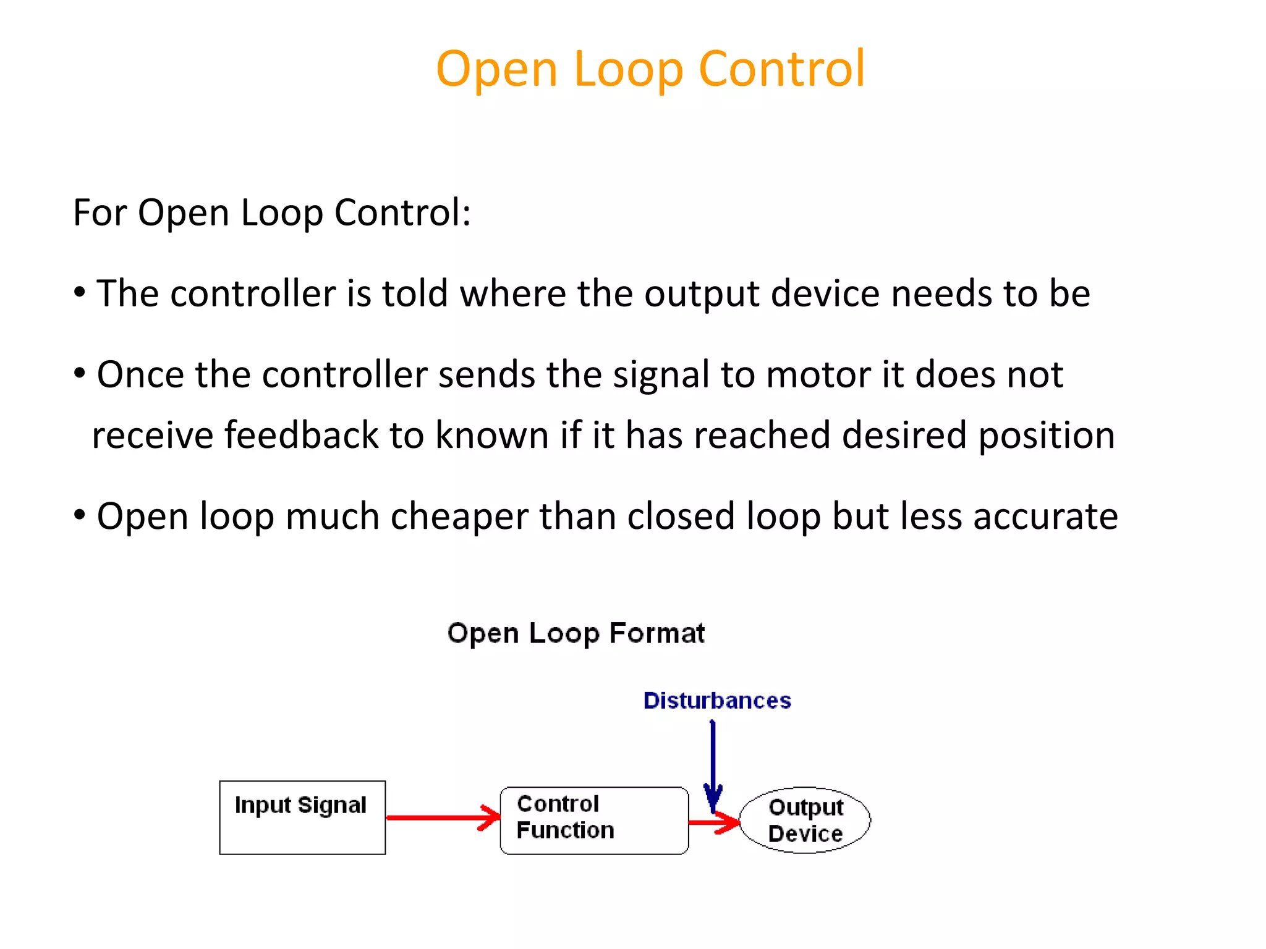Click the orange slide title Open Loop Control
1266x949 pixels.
(650, 69)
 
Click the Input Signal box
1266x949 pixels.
(302, 817)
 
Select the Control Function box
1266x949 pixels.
(593, 820)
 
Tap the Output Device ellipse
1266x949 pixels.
(805, 820)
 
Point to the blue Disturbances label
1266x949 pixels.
(717, 701)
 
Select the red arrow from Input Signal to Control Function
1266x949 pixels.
(442, 817)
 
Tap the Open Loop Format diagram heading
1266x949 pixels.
(576, 633)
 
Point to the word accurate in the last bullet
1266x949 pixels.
(1045, 517)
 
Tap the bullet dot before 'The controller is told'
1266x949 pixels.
(79, 292)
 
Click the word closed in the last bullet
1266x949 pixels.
(681, 517)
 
